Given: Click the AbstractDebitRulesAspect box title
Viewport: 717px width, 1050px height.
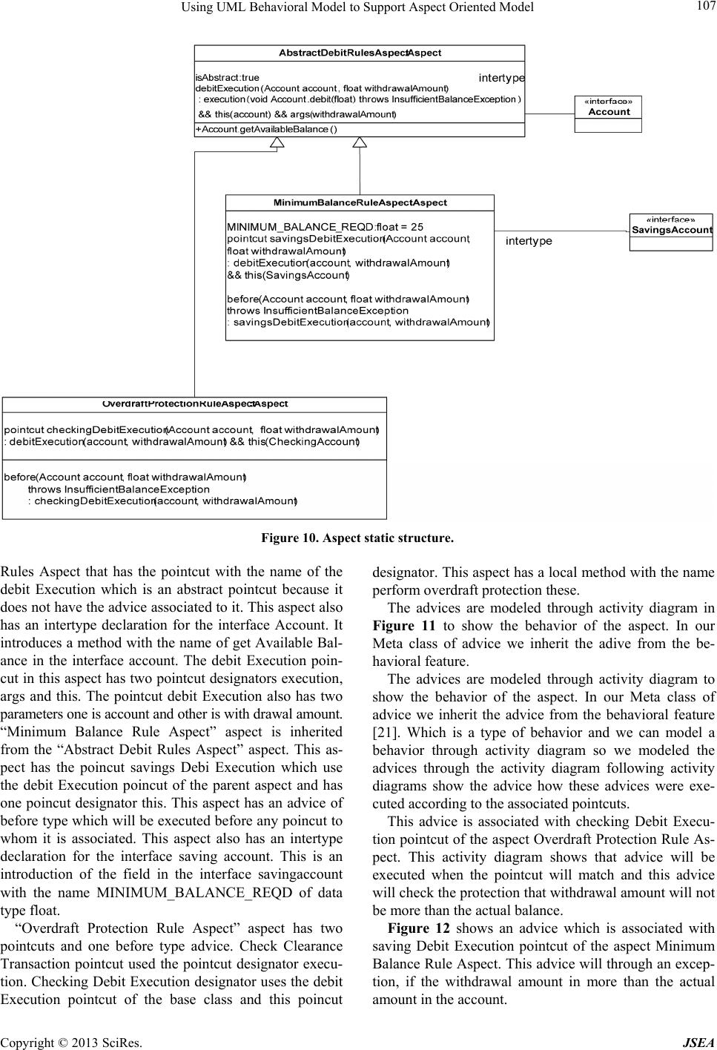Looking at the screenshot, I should (360, 53).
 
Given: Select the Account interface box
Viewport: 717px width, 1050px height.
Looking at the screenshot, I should (608, 113).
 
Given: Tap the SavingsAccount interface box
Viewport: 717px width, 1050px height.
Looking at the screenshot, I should (671, 231).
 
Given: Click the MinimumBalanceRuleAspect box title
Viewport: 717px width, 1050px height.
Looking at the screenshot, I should (360, 202).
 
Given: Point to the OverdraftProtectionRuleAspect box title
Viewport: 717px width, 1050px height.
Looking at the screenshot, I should (194, 404).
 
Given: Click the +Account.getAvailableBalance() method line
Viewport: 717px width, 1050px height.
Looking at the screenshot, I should (266, 131).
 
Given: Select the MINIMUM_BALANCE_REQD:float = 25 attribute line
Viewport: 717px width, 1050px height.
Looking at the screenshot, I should (325, 227).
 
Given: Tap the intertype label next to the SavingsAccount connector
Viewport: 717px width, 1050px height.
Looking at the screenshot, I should (529, 241).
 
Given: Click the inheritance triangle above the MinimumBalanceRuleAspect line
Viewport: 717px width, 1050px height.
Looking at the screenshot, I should (360, 143).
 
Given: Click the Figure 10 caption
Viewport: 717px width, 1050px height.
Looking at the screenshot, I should (357, 537).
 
